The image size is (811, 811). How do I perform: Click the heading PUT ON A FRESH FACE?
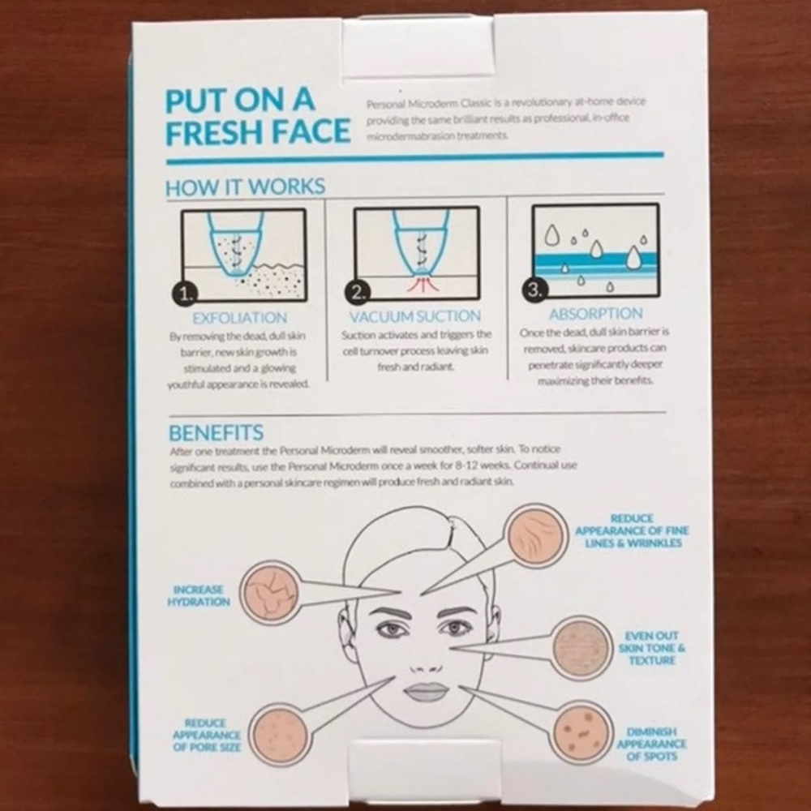pos(257,116)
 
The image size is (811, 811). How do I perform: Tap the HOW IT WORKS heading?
pos(245,187)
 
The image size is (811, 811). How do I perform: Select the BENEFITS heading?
pos(217,432)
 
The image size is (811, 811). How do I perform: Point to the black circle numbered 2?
pos(358,292)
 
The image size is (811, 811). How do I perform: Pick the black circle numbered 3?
pos(534,290)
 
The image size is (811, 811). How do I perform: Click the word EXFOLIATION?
pos(239,318)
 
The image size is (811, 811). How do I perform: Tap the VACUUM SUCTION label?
pos(415,316)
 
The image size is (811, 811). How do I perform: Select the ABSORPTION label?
pos(596,314)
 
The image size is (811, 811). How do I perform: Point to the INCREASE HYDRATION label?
pos(199,596)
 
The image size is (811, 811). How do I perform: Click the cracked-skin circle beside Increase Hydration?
pos(269,592)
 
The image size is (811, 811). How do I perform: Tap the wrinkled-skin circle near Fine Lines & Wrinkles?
pos(535,534)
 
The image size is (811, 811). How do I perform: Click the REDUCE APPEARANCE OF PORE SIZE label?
pos(206,735)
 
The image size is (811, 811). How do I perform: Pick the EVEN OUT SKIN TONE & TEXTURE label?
pos(652,648)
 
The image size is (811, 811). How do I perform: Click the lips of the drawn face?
pos(426,692)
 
